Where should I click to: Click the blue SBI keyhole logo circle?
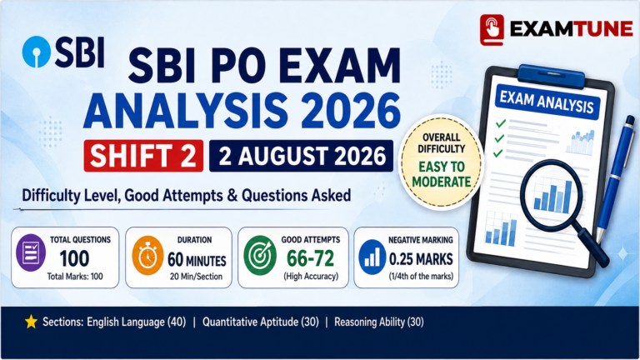[37, 52]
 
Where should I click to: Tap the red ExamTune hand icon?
[492, 30]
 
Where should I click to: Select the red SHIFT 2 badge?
[143, 156]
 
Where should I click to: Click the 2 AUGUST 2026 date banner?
[301, 156]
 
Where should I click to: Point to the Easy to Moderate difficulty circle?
[441, 161]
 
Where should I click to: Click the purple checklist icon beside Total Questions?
[31, 252]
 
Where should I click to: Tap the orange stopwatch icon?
[147, 256]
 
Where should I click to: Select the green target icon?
[260, 256]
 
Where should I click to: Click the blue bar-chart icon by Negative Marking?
[372, 257]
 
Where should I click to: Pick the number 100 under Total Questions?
[74, 258]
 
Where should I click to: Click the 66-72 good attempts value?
[310, 258]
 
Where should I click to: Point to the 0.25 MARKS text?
[421, 259]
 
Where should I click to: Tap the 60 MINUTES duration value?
[197, 260]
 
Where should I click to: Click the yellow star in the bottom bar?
[31, 322]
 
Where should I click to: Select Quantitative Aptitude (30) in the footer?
[260, 322]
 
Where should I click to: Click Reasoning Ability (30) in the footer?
[379, 322]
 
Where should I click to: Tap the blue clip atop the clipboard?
[551, 76]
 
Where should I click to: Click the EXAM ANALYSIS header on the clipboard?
[547, 102]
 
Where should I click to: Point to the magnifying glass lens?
[552, 195]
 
